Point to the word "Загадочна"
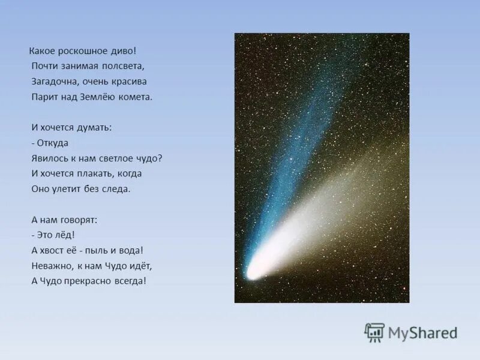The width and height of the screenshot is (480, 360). click(53, 81)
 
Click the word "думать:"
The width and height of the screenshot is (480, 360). click(96, 127)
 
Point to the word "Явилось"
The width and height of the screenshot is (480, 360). click(49, 158)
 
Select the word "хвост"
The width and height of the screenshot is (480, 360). click(54, 250)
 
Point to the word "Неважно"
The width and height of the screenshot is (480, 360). click(50, 265)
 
